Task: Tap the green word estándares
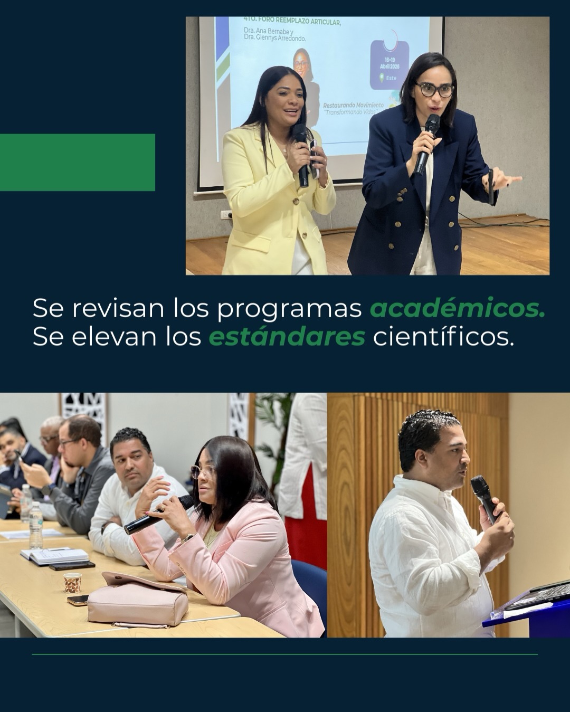click(287, 337)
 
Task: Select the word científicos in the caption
click(443, 337)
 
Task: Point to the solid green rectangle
click(77, 162)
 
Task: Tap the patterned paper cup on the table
click(72, 583)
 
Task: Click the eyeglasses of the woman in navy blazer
click(434, 89)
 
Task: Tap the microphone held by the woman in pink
click(158, 515)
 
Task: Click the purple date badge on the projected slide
click(389, 64)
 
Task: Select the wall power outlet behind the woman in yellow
click(226, 214)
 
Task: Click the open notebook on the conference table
click(55, 556)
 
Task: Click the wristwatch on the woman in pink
click(186, 538)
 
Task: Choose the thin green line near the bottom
click(285, 654)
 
